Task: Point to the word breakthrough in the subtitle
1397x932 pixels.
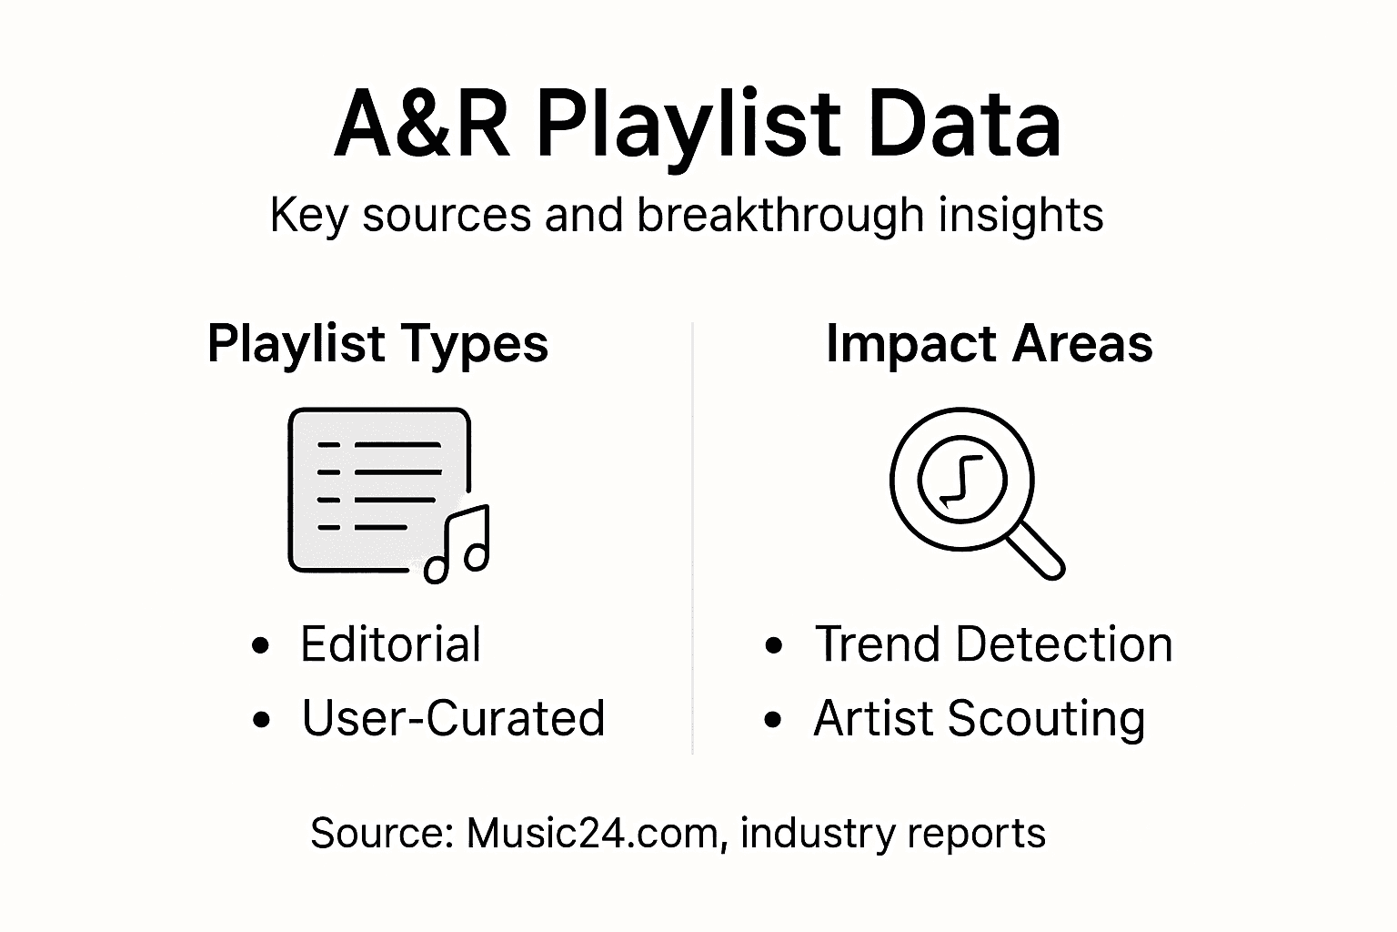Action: pyautogui.click(x=779, y=216)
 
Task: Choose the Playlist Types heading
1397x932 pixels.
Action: pyautogui.click(x=377, y=344)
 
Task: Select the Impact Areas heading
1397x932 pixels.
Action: pyautogui.click(x=989, y=344)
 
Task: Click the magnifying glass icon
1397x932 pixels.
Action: pyautogui.click(x=962, y=480)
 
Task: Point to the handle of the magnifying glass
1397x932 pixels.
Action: pyautogui.click(x=1036, y=550)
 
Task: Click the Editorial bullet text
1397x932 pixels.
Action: pyautogui.click(x=390, y=644)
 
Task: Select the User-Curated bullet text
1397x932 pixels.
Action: pyautogui.click(x=453, y=718)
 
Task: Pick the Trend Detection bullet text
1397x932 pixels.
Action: pyautogui.click(x=993, y=644)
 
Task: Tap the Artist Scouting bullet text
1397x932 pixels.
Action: pyautogui.click(x=979, y=718)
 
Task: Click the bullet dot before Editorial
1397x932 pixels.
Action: pyautogui.click(x=261, y=646)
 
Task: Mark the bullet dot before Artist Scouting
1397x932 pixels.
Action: pyautogui.click(x=774, y=720)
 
